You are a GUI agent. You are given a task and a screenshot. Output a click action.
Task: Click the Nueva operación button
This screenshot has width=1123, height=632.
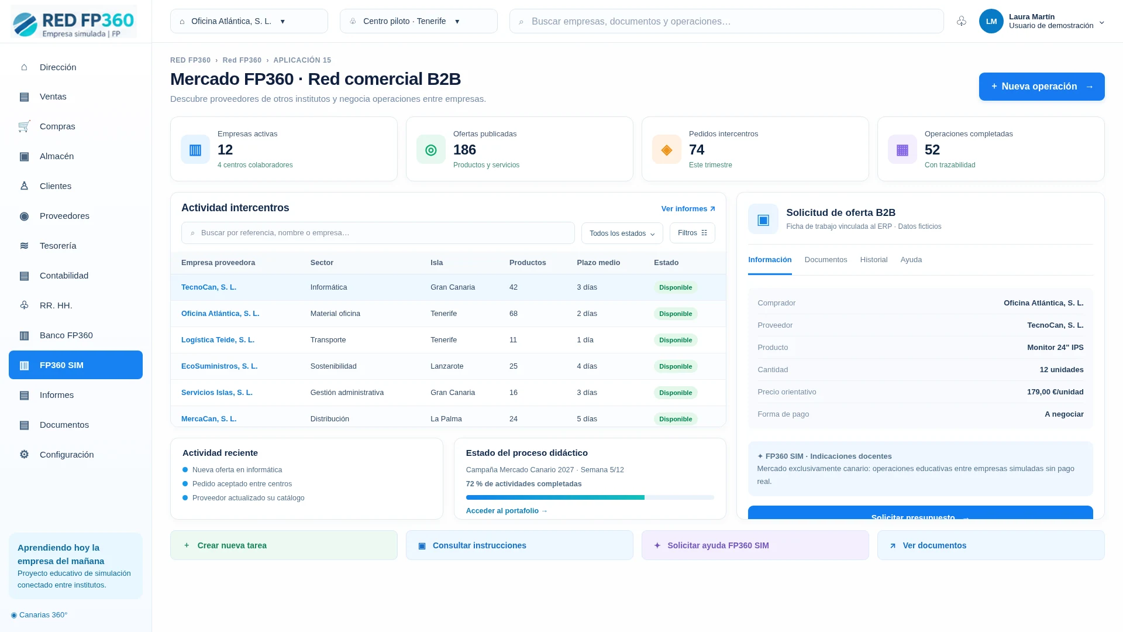[x=1042, y=87]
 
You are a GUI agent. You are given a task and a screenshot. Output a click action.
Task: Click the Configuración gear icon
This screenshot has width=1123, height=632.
[x=24, y=455]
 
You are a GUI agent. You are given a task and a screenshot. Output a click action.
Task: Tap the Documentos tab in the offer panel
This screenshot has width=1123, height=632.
[x=826, y=260]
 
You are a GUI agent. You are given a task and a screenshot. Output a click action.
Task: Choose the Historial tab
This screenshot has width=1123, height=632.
[x=874, y=260]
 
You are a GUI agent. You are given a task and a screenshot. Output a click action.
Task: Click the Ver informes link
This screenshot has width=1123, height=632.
[x=688, y=209]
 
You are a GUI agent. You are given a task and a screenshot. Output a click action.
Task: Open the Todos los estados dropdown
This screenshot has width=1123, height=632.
[x=622, y=233]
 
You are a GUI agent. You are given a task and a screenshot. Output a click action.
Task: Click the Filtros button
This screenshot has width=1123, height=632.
[x=693, y=233]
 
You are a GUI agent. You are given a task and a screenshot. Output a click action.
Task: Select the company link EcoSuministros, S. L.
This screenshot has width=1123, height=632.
[x=219, y=366]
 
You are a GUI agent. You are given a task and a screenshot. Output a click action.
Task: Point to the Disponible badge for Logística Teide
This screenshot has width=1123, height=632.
[x=676, y=340]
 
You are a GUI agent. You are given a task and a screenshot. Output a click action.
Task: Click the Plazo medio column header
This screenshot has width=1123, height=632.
[x=598, y=263]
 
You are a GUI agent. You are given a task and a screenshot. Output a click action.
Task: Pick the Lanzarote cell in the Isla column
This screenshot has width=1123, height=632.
[x=447, y=366]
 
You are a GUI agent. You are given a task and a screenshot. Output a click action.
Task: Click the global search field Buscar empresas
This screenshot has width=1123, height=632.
[x=726, y=21]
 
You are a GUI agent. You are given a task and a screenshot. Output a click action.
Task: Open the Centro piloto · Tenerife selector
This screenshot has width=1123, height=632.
[x=419, y=21]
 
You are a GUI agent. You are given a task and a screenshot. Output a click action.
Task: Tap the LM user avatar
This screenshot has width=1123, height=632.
[x=991, y=21]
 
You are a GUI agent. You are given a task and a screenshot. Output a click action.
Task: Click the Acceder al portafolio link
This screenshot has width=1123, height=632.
[x=507, y=511]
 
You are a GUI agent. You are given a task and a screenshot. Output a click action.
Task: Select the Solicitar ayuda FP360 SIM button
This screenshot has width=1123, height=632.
[x=755, y=545]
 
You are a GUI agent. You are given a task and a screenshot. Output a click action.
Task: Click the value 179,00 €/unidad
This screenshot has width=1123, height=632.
[x=1055, y=392]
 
